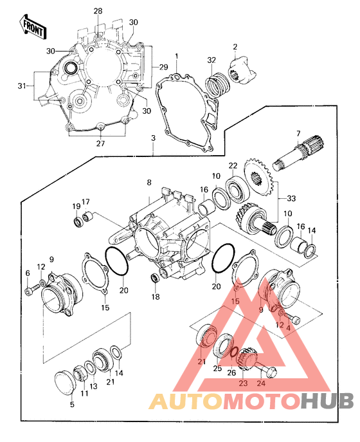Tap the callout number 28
point(98,12)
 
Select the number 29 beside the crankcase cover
point(163,67)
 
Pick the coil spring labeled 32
point(217,84)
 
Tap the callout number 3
point(153,138)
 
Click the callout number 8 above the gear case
point(149,183)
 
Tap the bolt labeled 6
point(29,291)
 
